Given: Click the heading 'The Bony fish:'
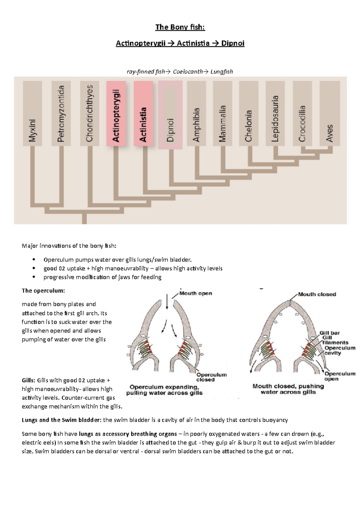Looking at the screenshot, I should [x=180, y=27].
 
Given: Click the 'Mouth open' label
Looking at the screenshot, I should [x=196, y=293].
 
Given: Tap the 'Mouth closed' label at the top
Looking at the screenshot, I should [x=317, y=294].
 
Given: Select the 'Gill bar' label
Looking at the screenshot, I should [x=329, y=333].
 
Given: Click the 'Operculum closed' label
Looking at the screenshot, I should [x=211, y=377].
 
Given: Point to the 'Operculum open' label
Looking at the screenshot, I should [x=340, y=376].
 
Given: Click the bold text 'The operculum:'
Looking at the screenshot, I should [x=43, y=290].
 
